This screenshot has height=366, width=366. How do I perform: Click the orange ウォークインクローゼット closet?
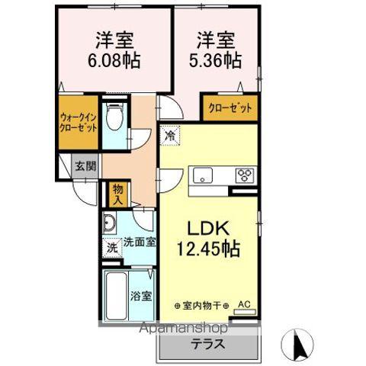(79, 122)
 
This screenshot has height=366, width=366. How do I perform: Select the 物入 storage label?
(117, 194)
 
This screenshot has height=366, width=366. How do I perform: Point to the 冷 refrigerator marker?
(169, 136)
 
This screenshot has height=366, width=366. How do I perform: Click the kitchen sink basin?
(204, 175)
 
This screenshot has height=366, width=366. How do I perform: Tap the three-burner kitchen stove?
(244, 175)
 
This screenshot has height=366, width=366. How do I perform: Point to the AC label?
(244, 305)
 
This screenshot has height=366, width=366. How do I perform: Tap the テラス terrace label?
(208, 343)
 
